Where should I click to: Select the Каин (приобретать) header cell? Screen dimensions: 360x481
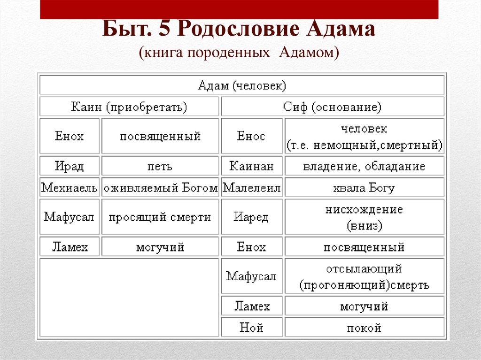[x=129, y=107]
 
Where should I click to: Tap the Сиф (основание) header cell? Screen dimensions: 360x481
[x=332, y=107]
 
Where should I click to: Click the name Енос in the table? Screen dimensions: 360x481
[x=251, y=137]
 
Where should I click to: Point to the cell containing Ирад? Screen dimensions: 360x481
[x=70, y=166]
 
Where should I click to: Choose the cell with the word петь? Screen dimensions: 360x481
[x=160, y=166]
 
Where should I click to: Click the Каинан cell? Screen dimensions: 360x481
[x=251, y=166]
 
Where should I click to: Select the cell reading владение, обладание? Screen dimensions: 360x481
[x=364, y=166]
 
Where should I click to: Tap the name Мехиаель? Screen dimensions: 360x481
[x=70, y=188]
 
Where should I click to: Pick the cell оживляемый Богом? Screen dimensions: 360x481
[x=160, y=188]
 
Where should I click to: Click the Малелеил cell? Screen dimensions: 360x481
[x=251, y=188]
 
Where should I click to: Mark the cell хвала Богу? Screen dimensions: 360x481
[x=364, y=188]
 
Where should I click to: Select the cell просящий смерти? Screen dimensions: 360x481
[x=160, y=217]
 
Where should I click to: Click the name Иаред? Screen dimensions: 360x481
[x=251, y=217]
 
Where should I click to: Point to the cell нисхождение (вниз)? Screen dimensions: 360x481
[x=364, y=217]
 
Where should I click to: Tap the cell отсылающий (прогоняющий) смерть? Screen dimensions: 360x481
[x=364, y=277]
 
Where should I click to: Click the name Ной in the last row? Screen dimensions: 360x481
[x=251, y=328]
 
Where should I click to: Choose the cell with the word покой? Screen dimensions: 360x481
[x=364, y=328]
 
